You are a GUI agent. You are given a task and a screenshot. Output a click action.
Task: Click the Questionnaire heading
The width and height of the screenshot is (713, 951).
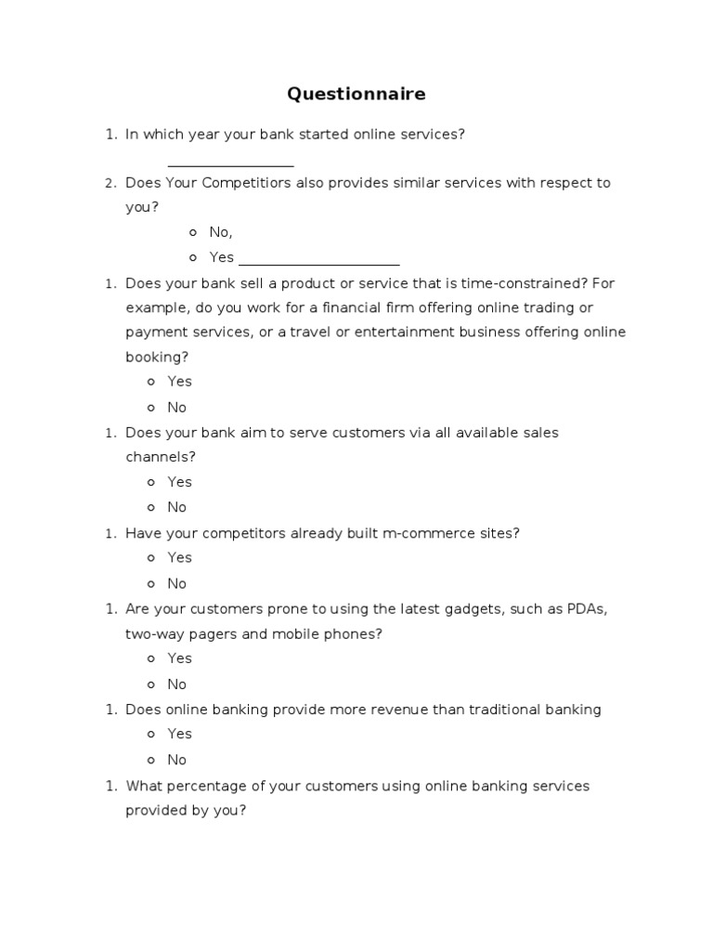click(356, 94)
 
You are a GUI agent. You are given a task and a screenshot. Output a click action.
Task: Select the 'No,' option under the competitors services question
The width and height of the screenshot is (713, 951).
click(220, 232)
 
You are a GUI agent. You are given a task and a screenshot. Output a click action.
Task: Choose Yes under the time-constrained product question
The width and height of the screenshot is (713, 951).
click(179, 381)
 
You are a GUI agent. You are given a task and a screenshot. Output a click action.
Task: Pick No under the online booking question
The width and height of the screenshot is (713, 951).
click(176, 407)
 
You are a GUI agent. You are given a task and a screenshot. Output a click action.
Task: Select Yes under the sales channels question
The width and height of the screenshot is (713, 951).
click(179, 481)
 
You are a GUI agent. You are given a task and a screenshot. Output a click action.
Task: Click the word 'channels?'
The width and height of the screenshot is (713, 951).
click(161, 457)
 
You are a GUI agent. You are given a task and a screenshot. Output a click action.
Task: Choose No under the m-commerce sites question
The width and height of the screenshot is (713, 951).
click(176, 583)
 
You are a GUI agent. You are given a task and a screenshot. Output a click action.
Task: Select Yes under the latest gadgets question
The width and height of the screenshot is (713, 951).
click(179, 658)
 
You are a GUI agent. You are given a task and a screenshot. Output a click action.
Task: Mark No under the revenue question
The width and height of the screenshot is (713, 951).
click(176, 760)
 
